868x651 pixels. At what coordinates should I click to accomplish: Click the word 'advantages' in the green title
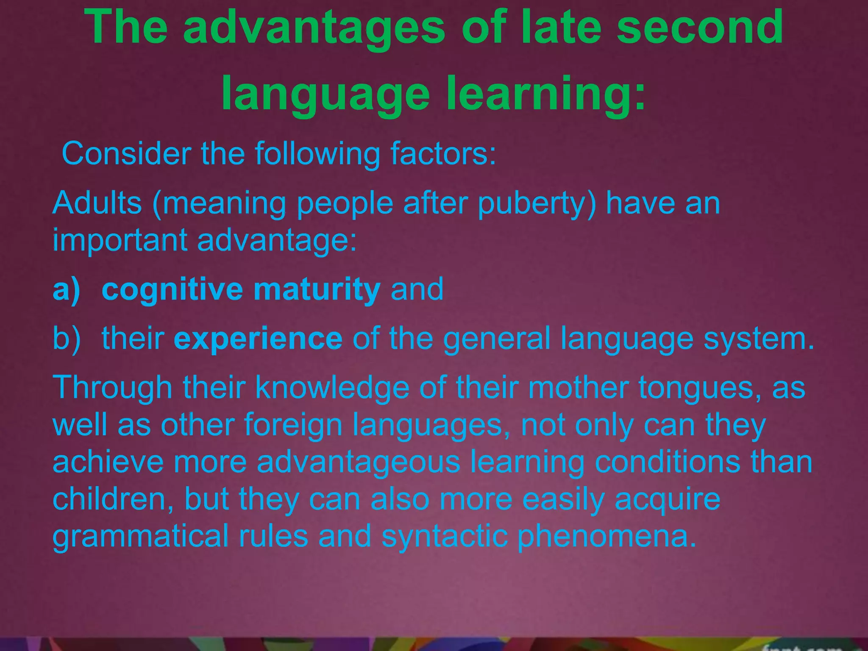(314, 28)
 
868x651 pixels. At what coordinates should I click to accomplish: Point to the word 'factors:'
(443, 153)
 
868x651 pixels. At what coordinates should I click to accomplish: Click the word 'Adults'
(97, 203)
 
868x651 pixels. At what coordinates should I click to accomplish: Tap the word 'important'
(120, 240)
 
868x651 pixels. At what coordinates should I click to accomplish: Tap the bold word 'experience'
(258, 339)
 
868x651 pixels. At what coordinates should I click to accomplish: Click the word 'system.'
(759, 339)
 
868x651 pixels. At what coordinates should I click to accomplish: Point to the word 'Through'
(112, 388)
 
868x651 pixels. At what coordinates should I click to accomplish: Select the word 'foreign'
(293, 425)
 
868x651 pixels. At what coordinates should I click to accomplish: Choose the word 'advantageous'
(358, 462)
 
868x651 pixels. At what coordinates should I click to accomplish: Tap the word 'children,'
(113, 499)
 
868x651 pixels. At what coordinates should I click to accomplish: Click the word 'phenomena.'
(607, 537)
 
